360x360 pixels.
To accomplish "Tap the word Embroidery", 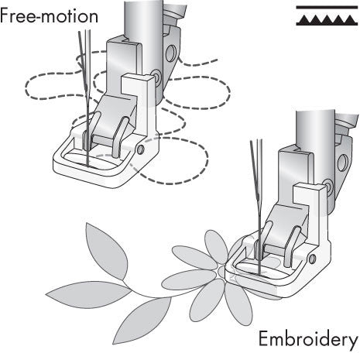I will (x=308, y=341).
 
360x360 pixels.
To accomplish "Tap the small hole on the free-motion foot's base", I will (x=142, y=147).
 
